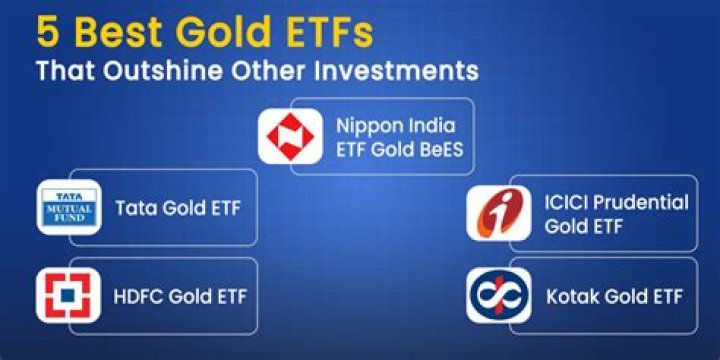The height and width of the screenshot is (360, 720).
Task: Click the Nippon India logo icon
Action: click(291, 135)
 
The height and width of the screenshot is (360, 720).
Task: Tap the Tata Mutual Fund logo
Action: click(68, 207)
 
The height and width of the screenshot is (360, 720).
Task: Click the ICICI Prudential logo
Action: click(498, 213)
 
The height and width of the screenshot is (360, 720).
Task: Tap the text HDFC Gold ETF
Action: click(180, 296)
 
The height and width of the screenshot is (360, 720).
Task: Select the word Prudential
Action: click(642, 202)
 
